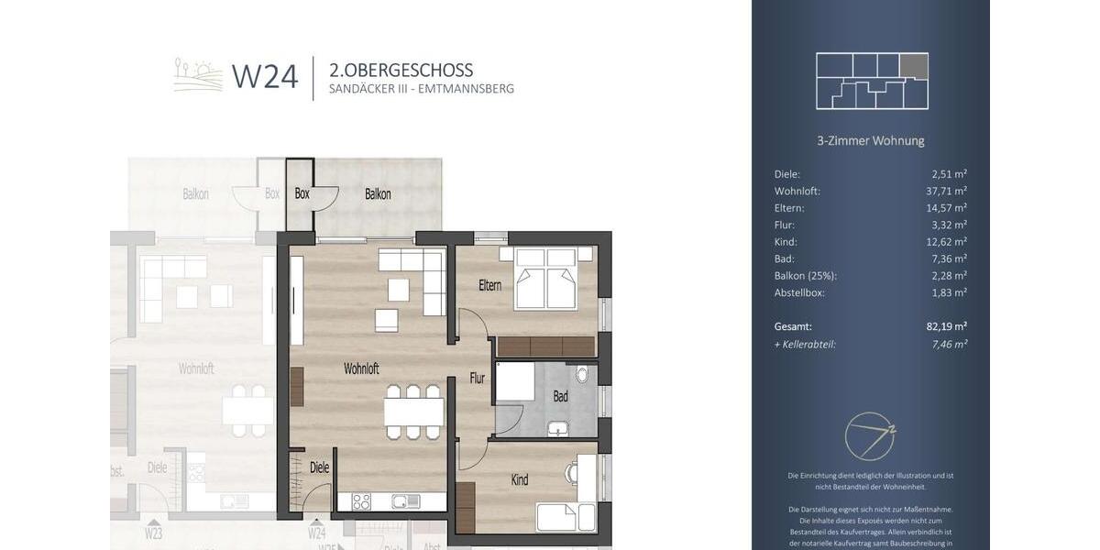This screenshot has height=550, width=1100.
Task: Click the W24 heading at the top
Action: pos(265,77)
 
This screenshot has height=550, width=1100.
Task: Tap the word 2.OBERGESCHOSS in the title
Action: pos(401,70)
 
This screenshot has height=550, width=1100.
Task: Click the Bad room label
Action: pos(560,396)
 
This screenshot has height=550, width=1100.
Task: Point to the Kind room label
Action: pos(520,479)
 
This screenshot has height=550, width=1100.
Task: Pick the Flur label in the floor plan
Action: pos(478,378)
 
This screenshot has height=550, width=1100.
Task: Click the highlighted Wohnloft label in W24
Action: pos(361,368)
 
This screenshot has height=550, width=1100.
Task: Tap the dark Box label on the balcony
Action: pos(302,194)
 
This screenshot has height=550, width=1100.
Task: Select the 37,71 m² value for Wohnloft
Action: pos(946,191)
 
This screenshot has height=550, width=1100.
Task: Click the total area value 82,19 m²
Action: pos(946,325)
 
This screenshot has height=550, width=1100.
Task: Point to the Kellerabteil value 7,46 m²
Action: pos(948,344)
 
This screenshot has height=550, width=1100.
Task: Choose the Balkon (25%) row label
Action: pos(806,276)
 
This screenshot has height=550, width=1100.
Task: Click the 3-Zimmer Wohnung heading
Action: pos(870,141)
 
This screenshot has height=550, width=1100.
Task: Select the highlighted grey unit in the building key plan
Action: pos(914,65)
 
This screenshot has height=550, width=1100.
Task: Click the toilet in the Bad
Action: pos(582,375)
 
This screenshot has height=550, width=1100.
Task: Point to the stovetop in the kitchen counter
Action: pos(361,501)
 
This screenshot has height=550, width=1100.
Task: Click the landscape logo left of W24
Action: pos(198,75)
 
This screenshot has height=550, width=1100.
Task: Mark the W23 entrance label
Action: pos(153,533)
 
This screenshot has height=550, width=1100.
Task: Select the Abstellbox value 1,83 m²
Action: pos(948,292)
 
